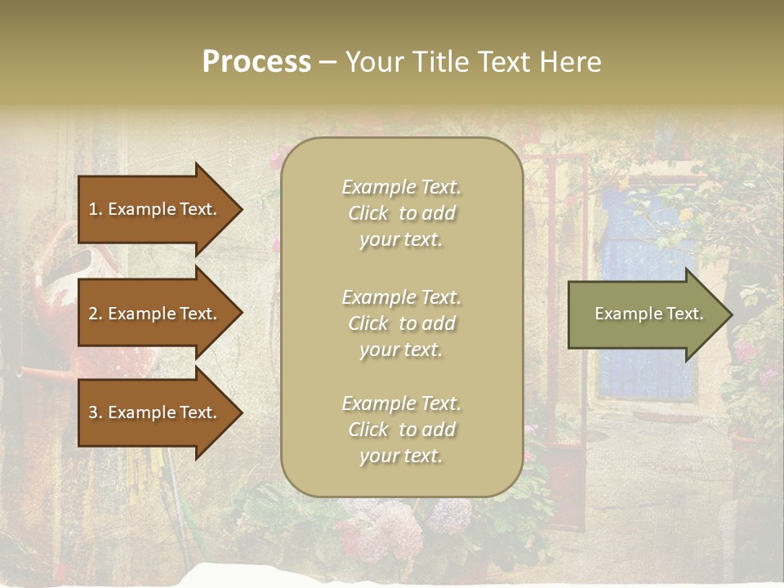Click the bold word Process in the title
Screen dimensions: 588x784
(256, 62)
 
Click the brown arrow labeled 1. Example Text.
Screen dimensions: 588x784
(155, 209)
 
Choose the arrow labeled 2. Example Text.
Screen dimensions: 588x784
(155, 314)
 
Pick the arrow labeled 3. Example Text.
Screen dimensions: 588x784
(155, 412)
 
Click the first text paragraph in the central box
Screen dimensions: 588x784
(401, 213)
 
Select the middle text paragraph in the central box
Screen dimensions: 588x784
(401, 323)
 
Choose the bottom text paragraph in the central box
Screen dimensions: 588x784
(401, 430)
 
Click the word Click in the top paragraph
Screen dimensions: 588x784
(368, 213)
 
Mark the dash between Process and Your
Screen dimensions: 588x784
(327, 62)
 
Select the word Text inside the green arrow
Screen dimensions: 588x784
(685, 314)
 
